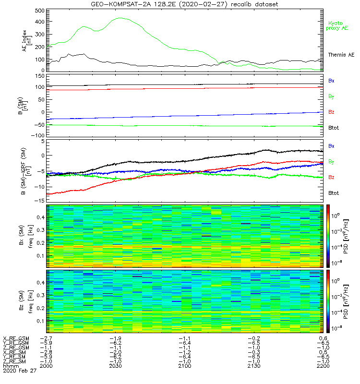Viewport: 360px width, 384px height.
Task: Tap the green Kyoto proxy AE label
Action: point(338,25)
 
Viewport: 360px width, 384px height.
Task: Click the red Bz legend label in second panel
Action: point(331,112)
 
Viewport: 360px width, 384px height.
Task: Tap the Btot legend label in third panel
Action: point(333,192)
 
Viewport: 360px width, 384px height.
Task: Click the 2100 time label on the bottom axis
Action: point(185,366)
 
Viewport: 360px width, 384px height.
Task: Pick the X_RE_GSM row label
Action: point(16,338)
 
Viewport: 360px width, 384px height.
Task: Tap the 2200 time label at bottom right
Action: point(322,366)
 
